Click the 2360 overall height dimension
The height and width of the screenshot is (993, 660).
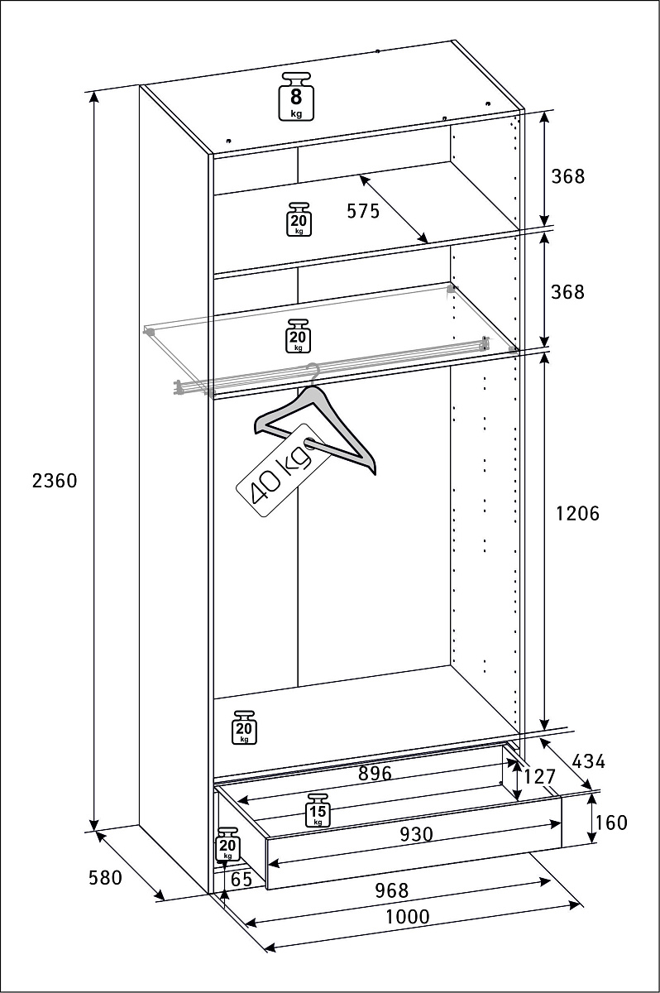[55, 480]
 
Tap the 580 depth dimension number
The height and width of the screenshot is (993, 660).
[105, 877]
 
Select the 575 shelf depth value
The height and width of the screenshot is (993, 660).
[362, 211]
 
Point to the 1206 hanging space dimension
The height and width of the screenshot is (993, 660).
[577, 513]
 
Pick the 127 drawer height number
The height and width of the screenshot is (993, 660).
[539, 777]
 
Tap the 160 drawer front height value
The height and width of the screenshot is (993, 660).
[611, 823]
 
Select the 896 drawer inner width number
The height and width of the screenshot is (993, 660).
[374, 774]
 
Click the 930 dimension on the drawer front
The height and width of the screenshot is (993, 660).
[416, 834]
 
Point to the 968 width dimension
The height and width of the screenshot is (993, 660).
[391, 890]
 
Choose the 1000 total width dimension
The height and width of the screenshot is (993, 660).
[407, 917]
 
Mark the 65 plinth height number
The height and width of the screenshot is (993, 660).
[241, 880]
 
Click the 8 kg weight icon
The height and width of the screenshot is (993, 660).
[296, 98]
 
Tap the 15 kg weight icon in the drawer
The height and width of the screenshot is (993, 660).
[318, 810]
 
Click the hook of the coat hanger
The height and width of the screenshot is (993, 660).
[312, 372]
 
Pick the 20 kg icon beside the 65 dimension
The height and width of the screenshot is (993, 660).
[227, 845]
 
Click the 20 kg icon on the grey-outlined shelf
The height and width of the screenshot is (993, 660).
[298, 336]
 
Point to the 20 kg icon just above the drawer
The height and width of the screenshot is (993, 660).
[244, 727]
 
